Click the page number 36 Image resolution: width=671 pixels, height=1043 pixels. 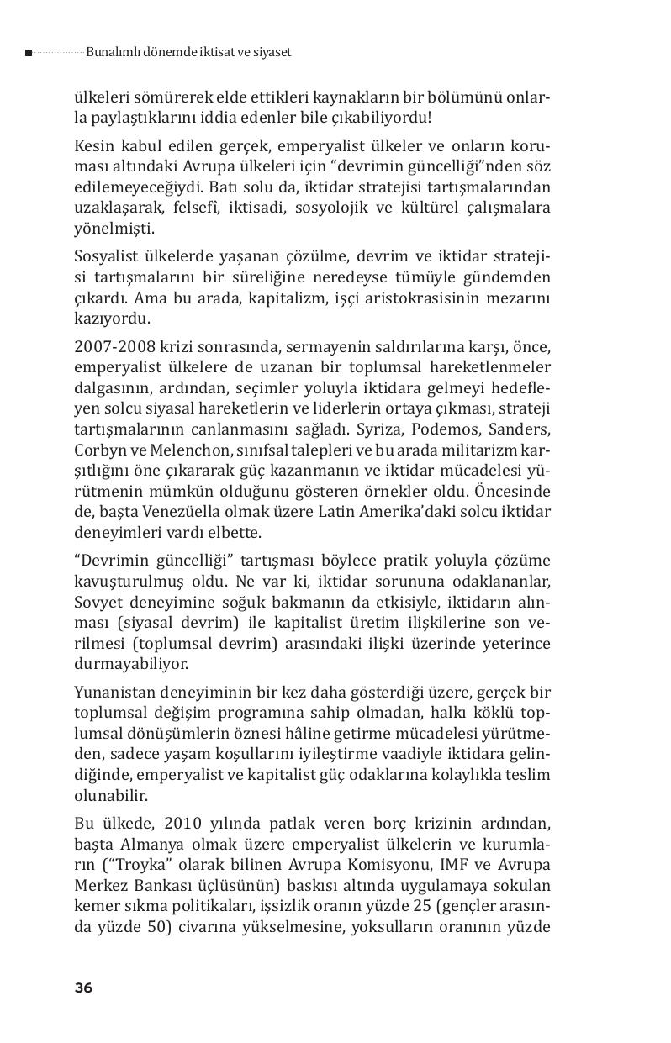pos(83,988)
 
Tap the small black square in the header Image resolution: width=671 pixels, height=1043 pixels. pos(29,53)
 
